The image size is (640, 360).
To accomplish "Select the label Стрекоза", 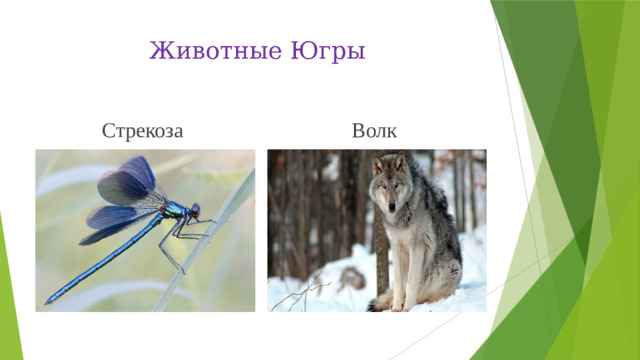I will tap(142, 130).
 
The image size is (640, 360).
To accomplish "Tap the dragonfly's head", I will tap(195, 211).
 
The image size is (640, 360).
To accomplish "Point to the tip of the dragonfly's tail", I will tap(48, 300).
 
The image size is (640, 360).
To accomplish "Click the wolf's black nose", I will tap(391, 207).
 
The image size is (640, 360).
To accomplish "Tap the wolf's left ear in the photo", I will tap(378, 162).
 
